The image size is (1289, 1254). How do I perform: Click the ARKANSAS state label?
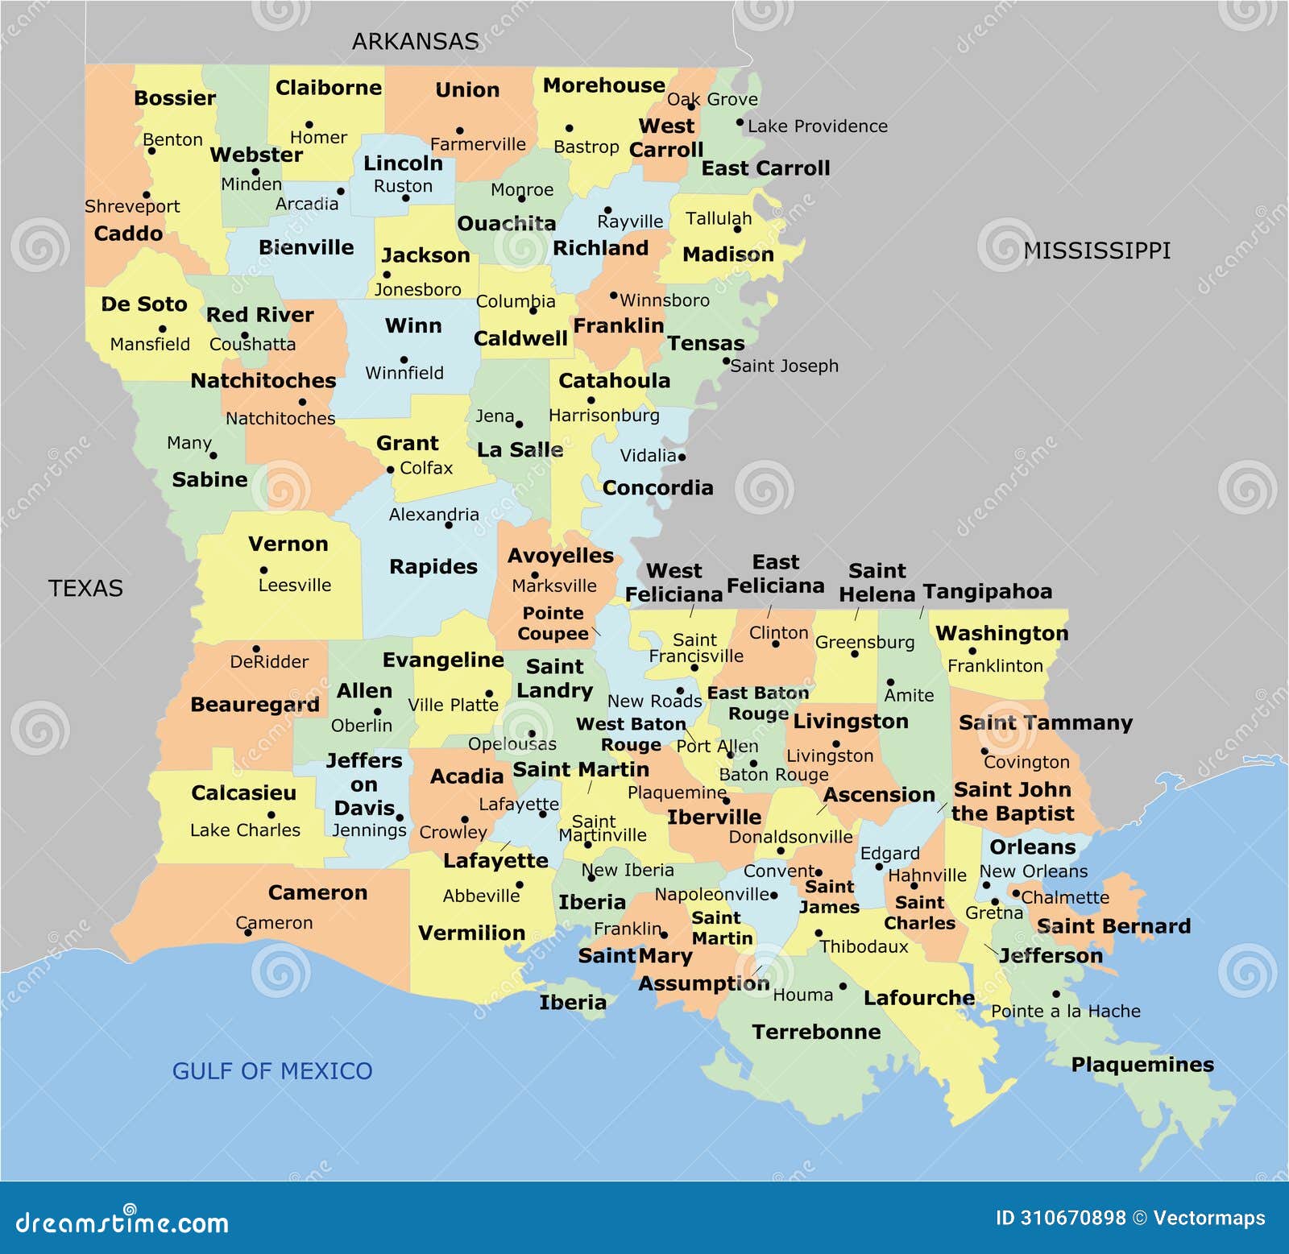click(x=415, y=41)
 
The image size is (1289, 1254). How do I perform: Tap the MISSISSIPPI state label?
click(x=1096, y=250)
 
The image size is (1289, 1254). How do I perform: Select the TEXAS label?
click(x=85, y=588)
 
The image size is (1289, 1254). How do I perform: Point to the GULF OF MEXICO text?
click(x=272, y=1070)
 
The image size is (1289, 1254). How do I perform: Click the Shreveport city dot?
click(x=146, y=194)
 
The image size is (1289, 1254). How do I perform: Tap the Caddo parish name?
click(x=128, y=234)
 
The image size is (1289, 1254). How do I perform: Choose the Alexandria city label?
click(x=433, y=514)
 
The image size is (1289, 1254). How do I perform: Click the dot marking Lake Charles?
click(x=271, y=815)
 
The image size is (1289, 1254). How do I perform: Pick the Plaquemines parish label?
click(x=1142, y=1064)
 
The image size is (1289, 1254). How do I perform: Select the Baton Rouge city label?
click(x=773, y=774)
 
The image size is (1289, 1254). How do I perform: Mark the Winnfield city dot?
click(x=404, y=359)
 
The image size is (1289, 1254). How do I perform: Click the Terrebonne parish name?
click(x=815, y=1032)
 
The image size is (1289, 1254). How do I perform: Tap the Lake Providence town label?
click(x=817, y=126)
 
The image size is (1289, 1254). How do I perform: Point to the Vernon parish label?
click(x=288, y=544)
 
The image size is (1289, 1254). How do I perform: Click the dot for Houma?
click(x=843, y=986)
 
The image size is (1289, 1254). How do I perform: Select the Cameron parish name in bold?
click(x=317, y=892)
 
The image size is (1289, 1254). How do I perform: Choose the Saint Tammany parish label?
click(x=1045, y=722)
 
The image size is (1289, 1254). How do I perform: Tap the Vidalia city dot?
click(x=682, y=457)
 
